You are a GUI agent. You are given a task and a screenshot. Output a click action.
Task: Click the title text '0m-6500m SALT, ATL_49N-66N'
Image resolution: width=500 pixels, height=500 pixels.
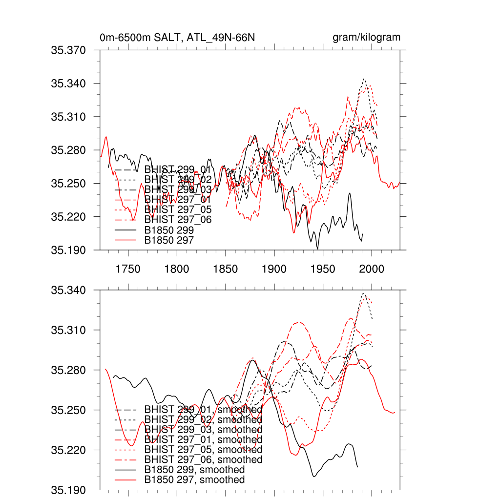click(177, 38)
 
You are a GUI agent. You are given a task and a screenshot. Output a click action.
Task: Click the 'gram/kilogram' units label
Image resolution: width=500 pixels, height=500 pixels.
click(366, 38)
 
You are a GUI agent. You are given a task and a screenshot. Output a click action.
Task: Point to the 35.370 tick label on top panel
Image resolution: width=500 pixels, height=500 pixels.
click(68, 50)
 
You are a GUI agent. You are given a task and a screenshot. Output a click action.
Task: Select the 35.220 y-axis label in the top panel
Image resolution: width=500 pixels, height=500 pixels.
click(68, 217)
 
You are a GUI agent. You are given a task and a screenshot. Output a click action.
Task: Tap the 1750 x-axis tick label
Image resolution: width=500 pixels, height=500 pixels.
click(128, 269)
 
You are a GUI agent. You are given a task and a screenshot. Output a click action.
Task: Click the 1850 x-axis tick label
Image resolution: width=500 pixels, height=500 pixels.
click(226, 269)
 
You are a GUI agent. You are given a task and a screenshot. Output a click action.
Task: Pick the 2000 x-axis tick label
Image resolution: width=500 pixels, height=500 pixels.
click(372, 269)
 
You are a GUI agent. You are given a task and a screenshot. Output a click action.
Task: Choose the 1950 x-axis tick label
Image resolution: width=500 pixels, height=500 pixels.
click(323, 269)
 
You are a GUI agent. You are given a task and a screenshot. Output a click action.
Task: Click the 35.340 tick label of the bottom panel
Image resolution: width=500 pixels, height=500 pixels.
click(68, 291)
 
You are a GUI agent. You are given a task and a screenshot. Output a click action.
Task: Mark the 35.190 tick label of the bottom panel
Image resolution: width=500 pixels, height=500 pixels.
click(68, 490)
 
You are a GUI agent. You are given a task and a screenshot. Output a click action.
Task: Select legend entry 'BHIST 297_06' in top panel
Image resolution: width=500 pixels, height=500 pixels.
click(178, 220)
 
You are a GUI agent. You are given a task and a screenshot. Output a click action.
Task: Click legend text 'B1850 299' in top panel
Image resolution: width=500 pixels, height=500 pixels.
click(169, 230)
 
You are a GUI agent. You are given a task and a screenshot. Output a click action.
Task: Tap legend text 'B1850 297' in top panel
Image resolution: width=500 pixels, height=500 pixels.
click(169, 240)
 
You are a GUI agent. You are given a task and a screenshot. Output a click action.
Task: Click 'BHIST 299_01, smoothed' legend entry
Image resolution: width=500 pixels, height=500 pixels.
click(204, 409)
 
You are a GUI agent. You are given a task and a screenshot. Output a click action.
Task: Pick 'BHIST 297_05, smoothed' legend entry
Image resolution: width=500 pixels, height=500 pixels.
click(204, 450)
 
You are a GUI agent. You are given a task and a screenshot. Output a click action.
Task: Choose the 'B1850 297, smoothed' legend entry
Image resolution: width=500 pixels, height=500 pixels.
click(194, 480)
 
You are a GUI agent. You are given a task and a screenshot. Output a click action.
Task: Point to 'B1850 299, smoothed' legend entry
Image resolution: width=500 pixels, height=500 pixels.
click(194, 470)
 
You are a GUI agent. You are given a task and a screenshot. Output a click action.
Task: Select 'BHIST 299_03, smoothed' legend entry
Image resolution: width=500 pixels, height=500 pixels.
click(204, 430)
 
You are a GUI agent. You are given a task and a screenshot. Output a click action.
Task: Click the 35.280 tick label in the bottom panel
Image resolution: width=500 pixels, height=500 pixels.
click(68, 370)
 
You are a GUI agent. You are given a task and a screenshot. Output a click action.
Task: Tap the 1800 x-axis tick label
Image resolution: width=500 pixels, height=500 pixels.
click(177, 269)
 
